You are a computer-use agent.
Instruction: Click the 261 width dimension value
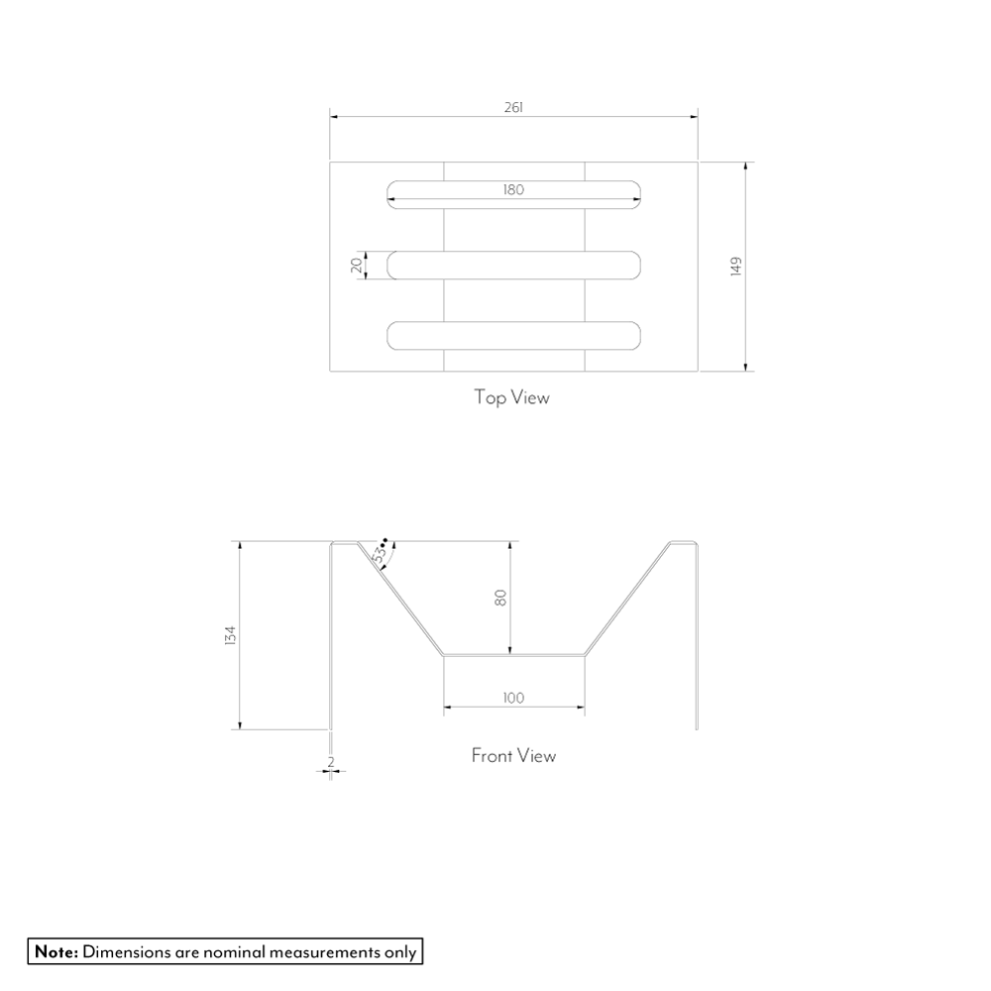click(x=513, y=107)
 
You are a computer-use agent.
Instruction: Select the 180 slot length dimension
click(x=513, y=189)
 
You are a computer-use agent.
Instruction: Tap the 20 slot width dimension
click(x=357, y=266)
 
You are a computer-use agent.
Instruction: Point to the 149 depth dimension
click(x=735, y=266)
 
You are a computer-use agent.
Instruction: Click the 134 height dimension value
click(x=230, y=635)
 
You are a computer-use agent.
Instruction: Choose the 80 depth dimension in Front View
click(x=500, y=598)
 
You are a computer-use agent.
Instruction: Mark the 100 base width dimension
click(x=513, y=698)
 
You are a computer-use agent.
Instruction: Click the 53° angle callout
click(x=381, y=550)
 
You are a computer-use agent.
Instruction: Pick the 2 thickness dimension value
click(x=331, y=762)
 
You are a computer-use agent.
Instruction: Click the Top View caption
click(x=512, y=397)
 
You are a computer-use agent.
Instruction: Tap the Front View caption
click(x=513, y=756)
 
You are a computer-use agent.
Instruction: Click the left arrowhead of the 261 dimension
click(x=334, y=117)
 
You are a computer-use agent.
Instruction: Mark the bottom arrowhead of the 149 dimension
click(x=746, y=367)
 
